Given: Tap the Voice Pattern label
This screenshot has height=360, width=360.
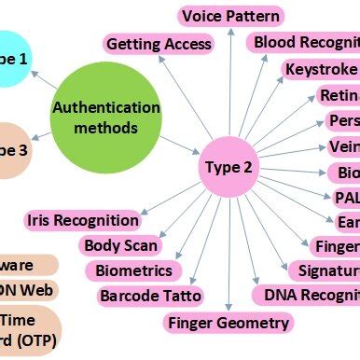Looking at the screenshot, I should click(230, 16).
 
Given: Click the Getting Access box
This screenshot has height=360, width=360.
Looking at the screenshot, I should click(159, 44).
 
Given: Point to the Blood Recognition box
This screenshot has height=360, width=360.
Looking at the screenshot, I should click(304, 43).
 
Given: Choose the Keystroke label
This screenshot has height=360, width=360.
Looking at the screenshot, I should click(322, 70).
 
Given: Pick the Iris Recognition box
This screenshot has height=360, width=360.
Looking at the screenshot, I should click(83, 221).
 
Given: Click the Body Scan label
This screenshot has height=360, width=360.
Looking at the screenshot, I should click(120, 245).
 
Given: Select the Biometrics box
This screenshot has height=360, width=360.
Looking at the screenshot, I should click(134, 270).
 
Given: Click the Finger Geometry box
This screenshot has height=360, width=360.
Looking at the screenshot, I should click(228, 323).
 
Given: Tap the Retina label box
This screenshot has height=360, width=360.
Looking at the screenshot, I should click(337, 95).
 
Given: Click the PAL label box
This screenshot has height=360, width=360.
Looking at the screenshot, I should click(343, 197).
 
